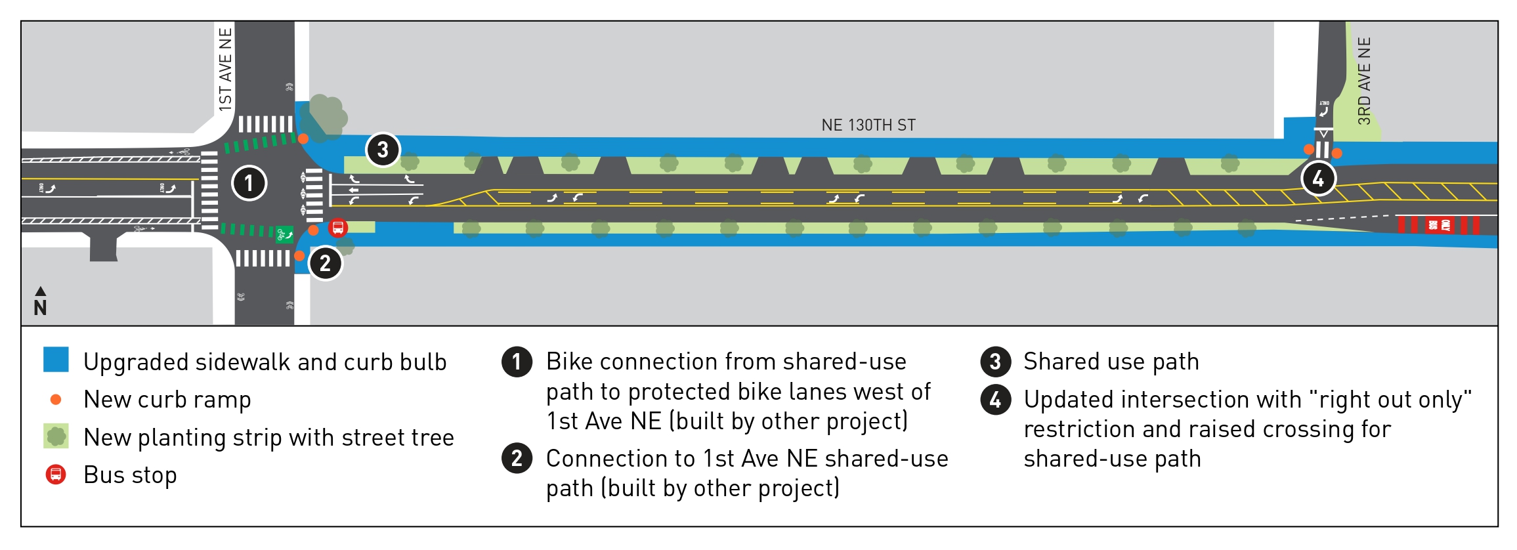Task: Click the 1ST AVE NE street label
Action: pyautogui.click(x=225, y=69)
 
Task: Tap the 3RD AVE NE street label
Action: pyautogui.click(x=1364, y=81)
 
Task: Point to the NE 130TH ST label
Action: pyautogui.click(x=868, y=125)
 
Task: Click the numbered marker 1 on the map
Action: pyautogui.click(x=249, y=183)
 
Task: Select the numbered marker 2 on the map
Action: pyautogui.click(x=325, y=263)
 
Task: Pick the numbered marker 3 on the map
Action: pyautogui.click(x=383, y=150)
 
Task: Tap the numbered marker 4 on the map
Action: pyautogui.click(x=1318, y=179)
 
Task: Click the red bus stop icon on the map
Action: pyautogui.click(x=338, y=228)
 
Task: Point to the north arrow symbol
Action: pyautogui.click(x=40, y=301)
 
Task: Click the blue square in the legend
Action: pyautogui.click(x=56, y=360)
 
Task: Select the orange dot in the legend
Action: pyautogui.click(x=56, y=399)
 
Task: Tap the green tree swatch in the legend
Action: pyautogui.click(x=56, y=436)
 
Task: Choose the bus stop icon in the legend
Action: pyautogui.click(x=56, y=474)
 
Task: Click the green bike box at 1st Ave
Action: pyautogui.click(x=284, y=234)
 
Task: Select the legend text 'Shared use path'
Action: pyautogui.click(x=1111, y=362)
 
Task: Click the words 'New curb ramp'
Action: pyautogui.click(x=167, y=400)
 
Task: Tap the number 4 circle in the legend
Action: pyautogui.click(x=995, y=400)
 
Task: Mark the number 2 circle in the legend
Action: pyautogui.click(x=517, y=458)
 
